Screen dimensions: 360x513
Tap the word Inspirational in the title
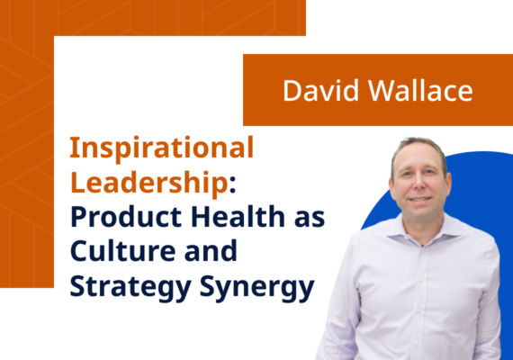[162, 147]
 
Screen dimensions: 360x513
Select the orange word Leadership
[147, 183]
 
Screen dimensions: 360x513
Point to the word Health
[229, 219]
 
